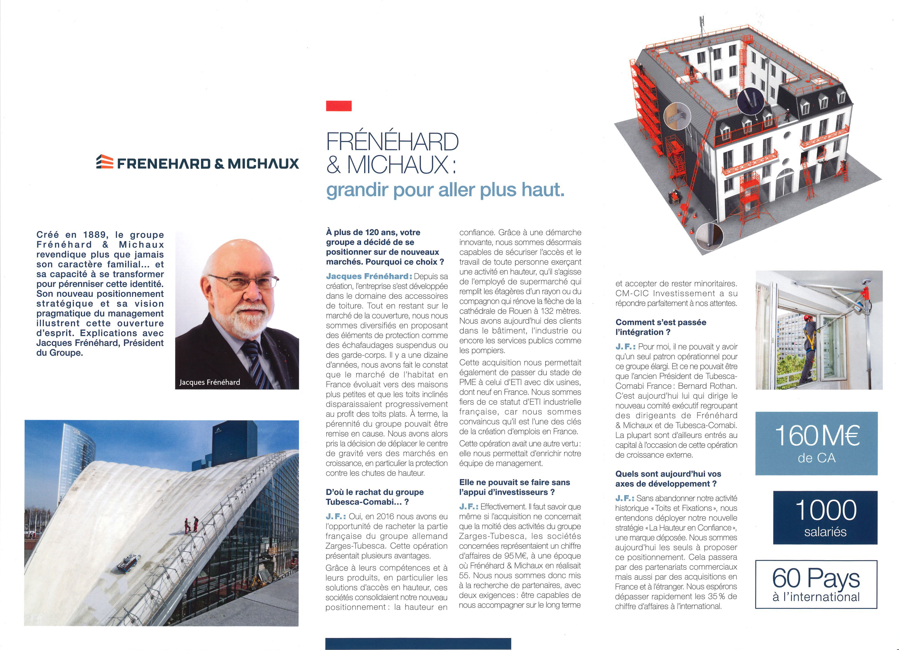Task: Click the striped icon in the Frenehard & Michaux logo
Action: point(105,162)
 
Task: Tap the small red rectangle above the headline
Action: point(338,106)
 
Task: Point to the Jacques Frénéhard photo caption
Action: point(210,382)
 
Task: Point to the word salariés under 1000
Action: point(825,532)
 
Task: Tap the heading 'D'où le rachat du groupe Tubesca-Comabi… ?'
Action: point(375,497)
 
